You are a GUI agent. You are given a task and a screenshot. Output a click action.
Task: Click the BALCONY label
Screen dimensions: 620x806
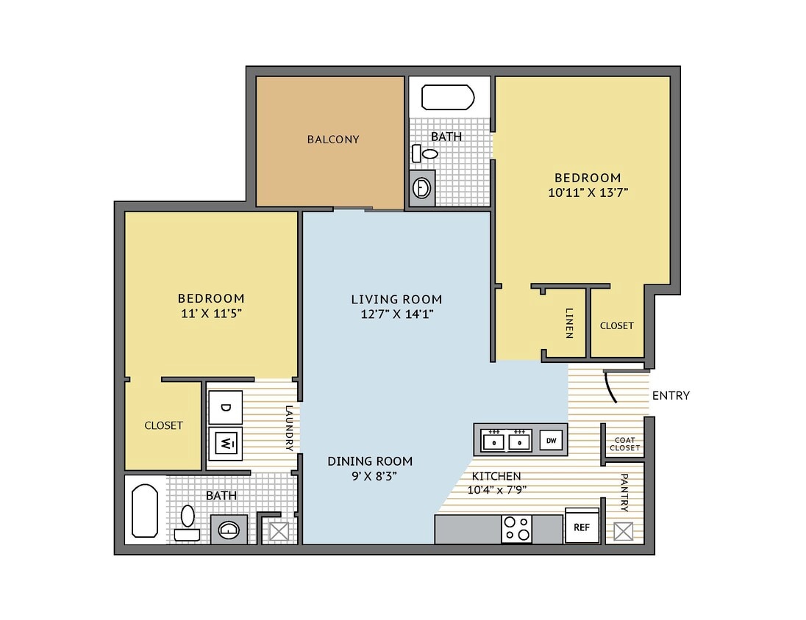coord(333,139)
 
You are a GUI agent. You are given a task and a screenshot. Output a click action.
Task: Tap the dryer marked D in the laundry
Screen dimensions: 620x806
coord(226,406)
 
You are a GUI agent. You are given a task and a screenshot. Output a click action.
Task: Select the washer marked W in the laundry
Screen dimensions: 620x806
coord(226,443)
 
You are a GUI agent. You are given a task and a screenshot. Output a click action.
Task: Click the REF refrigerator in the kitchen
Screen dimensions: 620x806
coord(582,526)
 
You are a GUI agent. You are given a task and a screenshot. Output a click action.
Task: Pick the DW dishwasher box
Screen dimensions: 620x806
coord(551,440)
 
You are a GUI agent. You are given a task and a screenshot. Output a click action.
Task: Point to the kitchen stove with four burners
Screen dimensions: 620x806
coord(516,529)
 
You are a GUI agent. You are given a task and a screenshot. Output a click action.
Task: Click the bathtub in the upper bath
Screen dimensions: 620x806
coord(447,97)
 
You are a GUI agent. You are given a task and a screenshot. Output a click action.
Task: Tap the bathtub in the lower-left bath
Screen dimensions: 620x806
coord(144,510)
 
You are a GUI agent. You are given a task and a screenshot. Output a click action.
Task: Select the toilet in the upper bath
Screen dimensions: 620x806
coord(426,154)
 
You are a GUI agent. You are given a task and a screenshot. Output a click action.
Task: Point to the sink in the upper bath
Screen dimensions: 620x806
coord(423,188)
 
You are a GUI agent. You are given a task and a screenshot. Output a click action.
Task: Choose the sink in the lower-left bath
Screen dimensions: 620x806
coord(229,529)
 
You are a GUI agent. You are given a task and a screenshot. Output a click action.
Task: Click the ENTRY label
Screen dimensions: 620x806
coord(671,395)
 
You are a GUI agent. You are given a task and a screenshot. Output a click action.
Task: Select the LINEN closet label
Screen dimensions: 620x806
coord(569,324)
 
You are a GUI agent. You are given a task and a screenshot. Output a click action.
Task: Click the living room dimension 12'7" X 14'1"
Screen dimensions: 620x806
coord(396,314)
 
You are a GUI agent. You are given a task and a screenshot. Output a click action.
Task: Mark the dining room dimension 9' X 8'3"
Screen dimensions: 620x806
coord(370,475)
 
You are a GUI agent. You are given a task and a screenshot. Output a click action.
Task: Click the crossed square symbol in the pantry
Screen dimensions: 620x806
coord(624,531)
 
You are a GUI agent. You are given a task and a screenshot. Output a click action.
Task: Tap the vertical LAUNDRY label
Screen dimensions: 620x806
coord(289,428)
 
